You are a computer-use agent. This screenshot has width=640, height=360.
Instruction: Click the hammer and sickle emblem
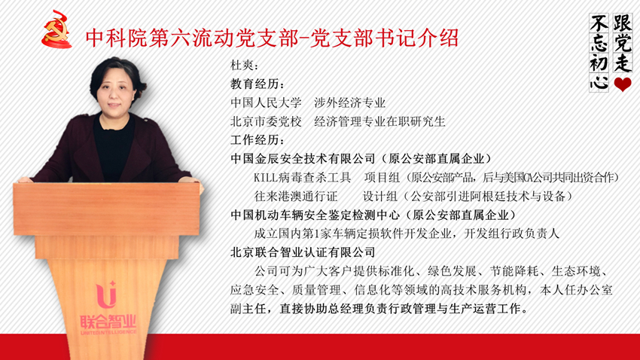[x=56, y=29]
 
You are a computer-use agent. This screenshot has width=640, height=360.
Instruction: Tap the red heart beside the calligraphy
[x=623, y=84]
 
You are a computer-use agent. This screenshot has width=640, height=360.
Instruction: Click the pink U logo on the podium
[x=106, y=294]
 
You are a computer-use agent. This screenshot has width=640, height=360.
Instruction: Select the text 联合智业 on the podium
[x=108, y=322]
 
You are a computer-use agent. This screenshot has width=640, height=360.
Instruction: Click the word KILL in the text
[x=266, y=178]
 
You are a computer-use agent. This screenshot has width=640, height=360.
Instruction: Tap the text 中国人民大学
[x=266, y=103]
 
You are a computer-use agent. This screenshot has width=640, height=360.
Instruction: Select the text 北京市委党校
[x=266, y=122]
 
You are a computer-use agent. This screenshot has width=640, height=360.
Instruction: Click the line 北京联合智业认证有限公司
[x=303, y=252]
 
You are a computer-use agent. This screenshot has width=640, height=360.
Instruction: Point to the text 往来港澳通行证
[x=296, y=197]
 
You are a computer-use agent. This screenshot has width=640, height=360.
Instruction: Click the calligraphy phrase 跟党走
[x=623, y=43]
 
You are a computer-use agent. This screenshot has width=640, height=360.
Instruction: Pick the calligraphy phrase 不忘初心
[x=599, y=52]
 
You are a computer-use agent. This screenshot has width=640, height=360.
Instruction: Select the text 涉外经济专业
[x=350, y=103]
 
